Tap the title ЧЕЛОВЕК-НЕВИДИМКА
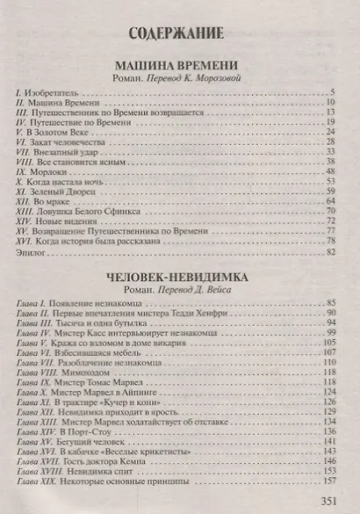click(x=179, y=275)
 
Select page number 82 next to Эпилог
click(x=332, y=253)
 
